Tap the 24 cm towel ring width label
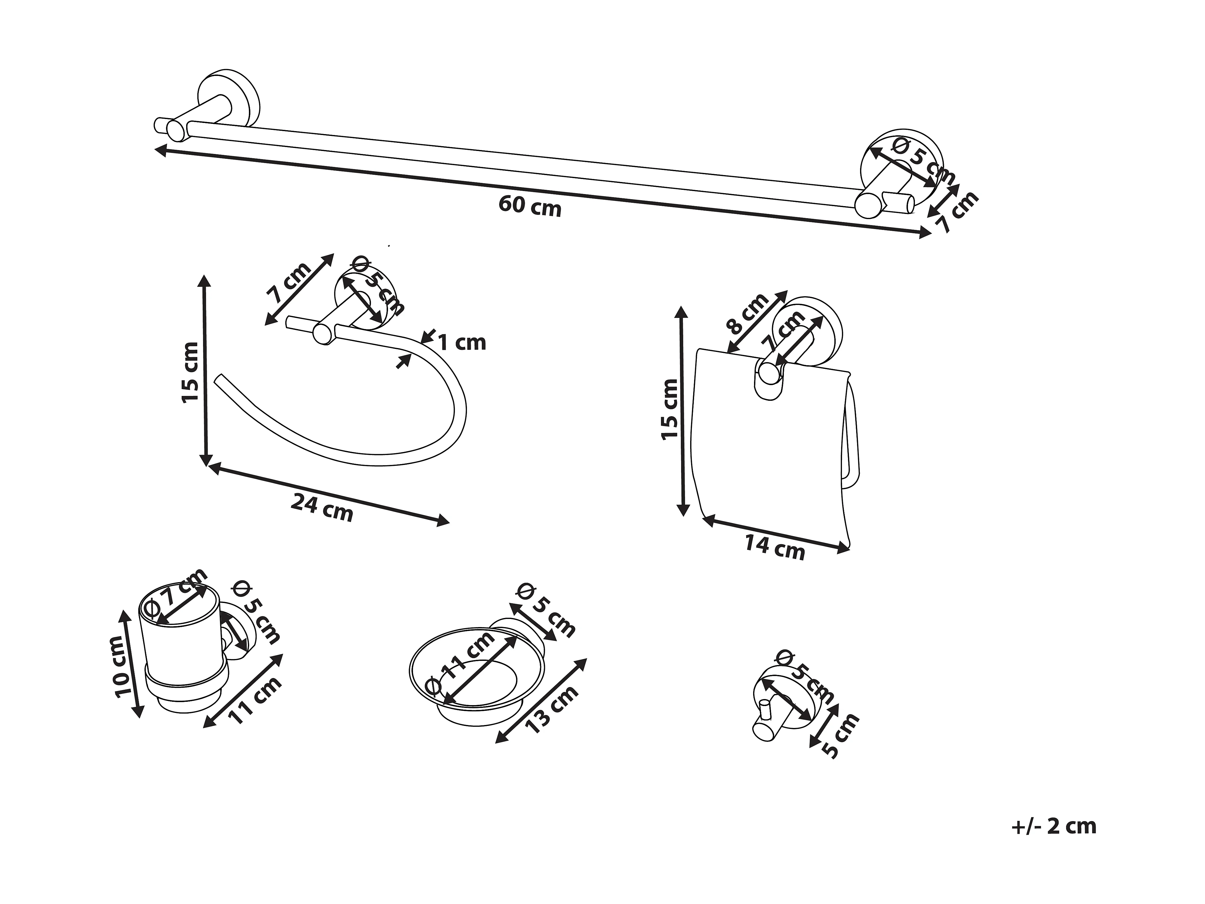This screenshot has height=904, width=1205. point(322,507)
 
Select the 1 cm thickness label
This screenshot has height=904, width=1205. point(462,343)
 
